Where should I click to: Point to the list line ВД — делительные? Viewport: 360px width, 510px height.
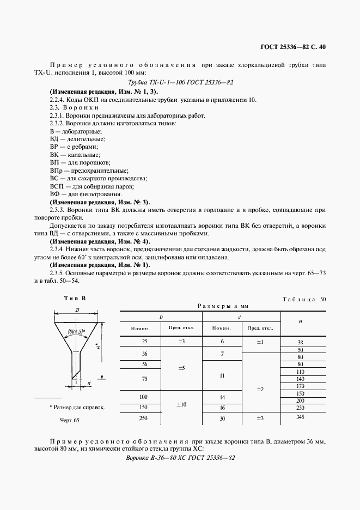(77, 139)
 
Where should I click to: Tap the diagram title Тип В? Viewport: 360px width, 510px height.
(75, 298)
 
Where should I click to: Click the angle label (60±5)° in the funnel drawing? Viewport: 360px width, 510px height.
(76, 331)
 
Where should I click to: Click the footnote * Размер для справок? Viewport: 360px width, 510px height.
(77, 407)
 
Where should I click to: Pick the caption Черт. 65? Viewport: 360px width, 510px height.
(69, 421)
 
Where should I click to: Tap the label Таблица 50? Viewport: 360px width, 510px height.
(304, 299)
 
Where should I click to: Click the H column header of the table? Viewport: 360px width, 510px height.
(301, 321)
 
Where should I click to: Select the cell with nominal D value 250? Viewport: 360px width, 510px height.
(144, 418)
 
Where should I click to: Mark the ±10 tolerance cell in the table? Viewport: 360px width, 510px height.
(181, 404)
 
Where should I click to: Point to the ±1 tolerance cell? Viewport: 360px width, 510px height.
(260, 341)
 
